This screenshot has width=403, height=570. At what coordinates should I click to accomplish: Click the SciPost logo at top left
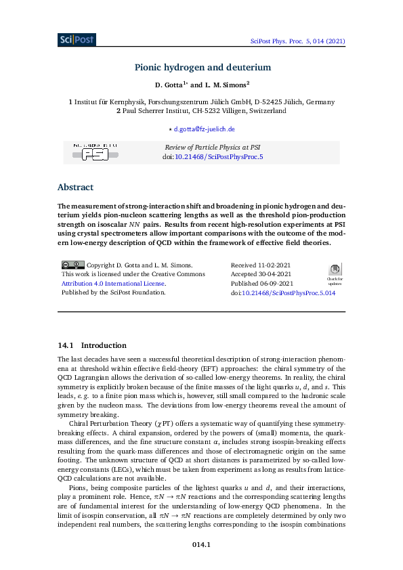77,39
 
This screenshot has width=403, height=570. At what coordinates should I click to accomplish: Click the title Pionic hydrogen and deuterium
202,67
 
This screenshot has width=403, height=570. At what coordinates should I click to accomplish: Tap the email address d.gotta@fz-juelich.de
204,129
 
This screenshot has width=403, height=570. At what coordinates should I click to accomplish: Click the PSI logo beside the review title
96,152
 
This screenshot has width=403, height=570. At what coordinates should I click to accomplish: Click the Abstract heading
75,188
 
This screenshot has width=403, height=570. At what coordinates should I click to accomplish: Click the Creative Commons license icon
72,265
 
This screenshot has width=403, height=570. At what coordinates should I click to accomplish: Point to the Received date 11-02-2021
261,265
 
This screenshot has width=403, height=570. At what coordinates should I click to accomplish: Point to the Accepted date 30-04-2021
261,274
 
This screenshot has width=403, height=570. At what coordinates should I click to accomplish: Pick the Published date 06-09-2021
262,284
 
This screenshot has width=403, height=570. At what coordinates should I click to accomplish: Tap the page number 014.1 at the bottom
202,544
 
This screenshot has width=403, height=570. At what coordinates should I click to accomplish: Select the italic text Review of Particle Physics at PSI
213,147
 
